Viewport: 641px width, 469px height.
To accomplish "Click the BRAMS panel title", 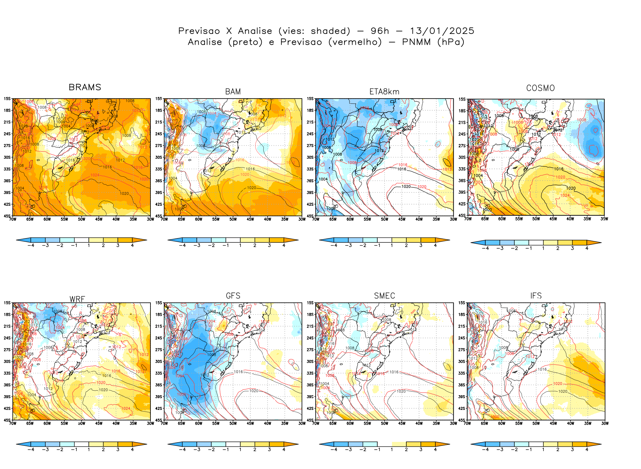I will tap(85, 87).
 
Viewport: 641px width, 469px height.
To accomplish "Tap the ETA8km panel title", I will tap(384, 92).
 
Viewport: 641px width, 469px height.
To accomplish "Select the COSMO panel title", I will tap(540, 88).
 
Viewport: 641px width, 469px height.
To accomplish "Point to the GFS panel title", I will tap(233, 296).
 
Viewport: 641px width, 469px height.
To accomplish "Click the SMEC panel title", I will tap(384, 296).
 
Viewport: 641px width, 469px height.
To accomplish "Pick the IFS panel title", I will tap(536, 296).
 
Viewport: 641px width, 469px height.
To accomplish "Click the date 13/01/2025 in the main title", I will tap(442, 31).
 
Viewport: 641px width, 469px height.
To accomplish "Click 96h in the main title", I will tap(380, 31).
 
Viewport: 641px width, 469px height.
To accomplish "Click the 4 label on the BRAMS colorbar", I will tap(132, 246).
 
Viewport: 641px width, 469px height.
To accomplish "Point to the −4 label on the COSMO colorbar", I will tap(485, 248).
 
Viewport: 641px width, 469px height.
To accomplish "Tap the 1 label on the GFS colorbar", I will tap(240, 450).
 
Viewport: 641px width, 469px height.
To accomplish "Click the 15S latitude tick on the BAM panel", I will tap(158, 99).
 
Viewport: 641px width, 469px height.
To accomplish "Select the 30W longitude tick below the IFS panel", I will tap(605, 424).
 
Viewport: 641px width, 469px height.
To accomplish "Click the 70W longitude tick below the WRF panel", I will tap(13, 424).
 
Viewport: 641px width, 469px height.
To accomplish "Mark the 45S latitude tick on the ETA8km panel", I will tap(310, 216).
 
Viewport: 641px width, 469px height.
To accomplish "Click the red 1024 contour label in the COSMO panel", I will tap(565, 196).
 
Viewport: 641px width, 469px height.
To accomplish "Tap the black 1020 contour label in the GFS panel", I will tap(254, 391).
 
